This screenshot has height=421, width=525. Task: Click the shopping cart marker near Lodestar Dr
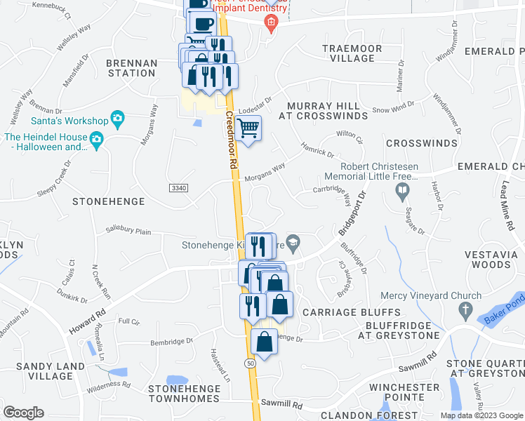[x=247, y=129]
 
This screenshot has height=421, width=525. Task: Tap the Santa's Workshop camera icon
[x=117, y=120]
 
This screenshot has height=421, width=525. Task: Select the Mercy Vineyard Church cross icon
[x=465, y=309]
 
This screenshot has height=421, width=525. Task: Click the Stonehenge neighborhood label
[x=109, y=201]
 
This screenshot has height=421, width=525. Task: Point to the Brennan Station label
[x=131, y=68]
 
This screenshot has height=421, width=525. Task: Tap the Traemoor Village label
[x=352, y=53]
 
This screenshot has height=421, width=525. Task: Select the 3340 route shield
[x=179, y=188]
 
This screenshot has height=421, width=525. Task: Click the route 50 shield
[x=251, y=363]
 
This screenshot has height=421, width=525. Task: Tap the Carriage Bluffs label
[x=351, y=312]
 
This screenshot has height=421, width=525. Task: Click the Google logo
[x=23, y=412]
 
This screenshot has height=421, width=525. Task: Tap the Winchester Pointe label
[x=404, y=392]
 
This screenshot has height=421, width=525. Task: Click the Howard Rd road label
[x=87, y=319]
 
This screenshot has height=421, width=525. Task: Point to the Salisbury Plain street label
[x=128, y=229]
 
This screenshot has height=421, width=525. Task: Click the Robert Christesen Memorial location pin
[x=402, y=189]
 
